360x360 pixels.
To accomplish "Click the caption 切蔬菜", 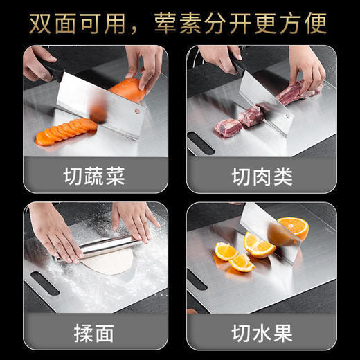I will click(95, 176).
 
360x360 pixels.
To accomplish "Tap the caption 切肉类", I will click(262, 176).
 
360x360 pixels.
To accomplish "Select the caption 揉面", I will click(95, 332).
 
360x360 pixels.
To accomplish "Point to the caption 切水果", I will click(262, 332).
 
